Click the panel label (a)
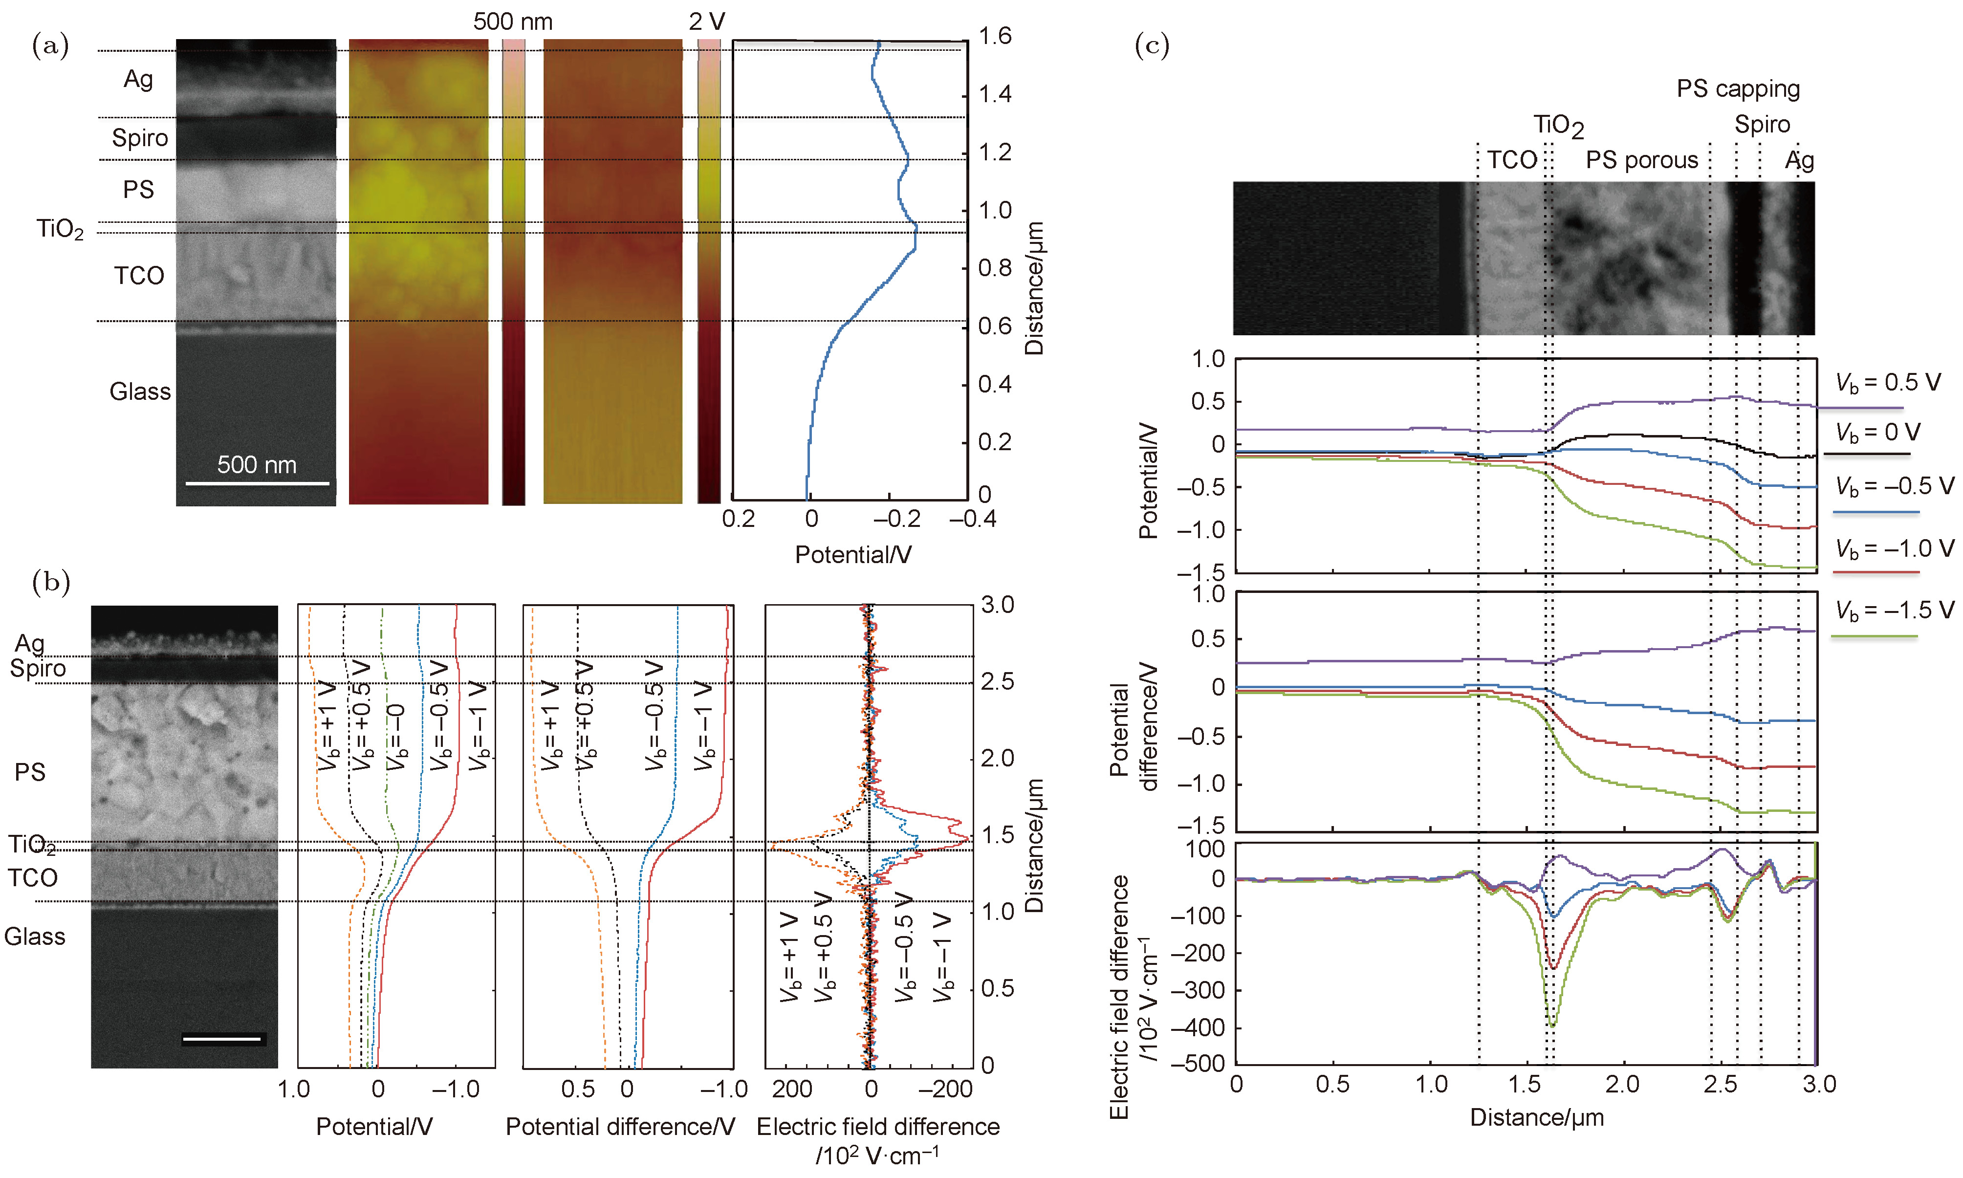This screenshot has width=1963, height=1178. point(50,45)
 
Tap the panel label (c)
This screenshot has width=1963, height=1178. point(1152,45)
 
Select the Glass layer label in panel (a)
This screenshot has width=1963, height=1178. point(140,392)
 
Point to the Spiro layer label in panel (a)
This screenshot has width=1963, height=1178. point(140,138)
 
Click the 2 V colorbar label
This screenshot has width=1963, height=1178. point(706,22)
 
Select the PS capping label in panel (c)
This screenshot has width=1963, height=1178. point(1738,89)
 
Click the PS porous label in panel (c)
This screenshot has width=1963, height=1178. point(1641,160)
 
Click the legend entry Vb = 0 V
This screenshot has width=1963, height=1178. point(1877,433)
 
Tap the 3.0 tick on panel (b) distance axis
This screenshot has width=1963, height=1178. point(997,605)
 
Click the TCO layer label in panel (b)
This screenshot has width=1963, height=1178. point(33,878)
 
